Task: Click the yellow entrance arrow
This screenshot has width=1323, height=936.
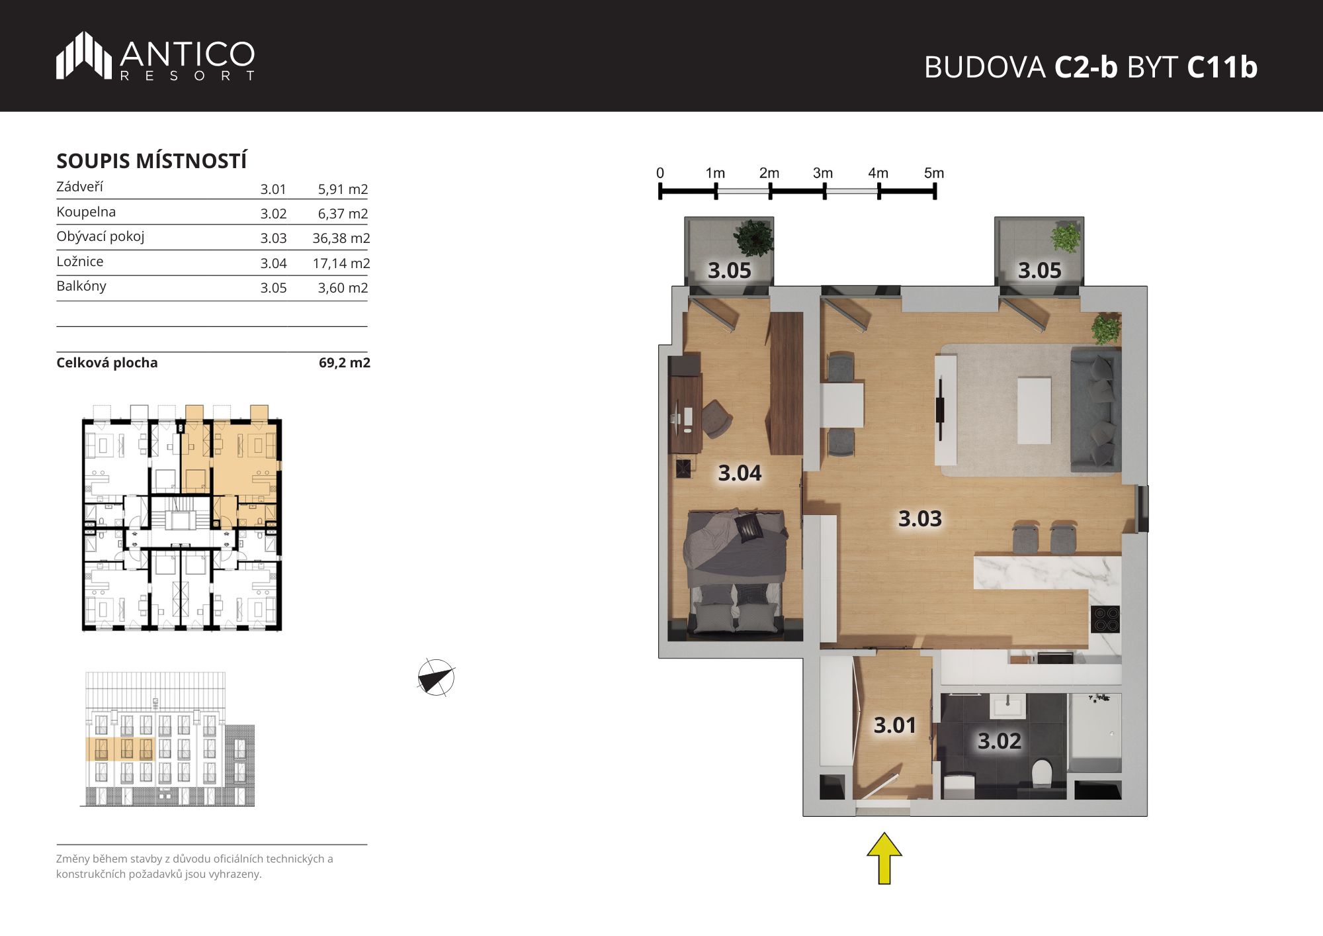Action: point(884,859)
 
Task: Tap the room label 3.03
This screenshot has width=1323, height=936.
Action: point(919,518)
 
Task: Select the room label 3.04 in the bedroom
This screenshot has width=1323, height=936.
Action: point(740,473)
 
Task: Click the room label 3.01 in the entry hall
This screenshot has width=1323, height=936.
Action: point(894,725)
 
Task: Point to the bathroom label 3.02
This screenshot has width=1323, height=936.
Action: point(999,741)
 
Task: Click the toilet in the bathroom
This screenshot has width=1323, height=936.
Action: point(1041,773)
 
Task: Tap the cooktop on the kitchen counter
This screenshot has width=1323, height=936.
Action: point(1105,620)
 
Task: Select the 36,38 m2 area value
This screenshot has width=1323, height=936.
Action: point(341,238)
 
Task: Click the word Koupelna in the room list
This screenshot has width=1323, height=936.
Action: point(86,212)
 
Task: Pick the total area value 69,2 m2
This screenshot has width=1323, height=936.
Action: point(345,363)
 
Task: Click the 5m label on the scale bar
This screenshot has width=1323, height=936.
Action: point(934,173)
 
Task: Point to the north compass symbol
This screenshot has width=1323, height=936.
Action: point(436,678)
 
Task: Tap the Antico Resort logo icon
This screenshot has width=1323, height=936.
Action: point(84,56)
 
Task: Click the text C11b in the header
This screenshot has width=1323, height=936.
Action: point(1222,67)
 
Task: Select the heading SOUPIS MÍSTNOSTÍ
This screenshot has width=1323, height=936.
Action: point(151,161)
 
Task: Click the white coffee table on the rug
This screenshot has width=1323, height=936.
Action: point(1034,410)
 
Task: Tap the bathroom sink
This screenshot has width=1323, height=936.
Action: point(1007,706)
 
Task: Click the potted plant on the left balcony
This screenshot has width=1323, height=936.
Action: point(753,238)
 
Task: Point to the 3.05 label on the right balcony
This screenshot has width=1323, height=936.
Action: point(1039,270)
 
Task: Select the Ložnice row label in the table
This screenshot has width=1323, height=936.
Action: point(80,261)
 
